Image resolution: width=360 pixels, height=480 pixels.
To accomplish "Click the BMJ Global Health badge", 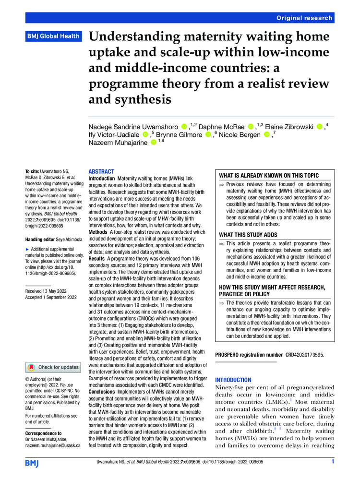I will [x=52, y=36].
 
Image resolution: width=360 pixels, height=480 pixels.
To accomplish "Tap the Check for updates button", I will [x=54, y=367].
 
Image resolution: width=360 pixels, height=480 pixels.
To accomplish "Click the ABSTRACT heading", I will [x=101, y=171].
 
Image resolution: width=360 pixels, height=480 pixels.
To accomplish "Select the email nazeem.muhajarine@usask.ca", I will [x=53, y=445].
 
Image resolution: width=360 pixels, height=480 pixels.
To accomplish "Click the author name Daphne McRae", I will [x=223, y=126].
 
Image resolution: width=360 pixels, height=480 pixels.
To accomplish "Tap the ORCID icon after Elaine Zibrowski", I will [x=321, y=127].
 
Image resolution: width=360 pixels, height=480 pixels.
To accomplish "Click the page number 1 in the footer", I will [x=333, y=462].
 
